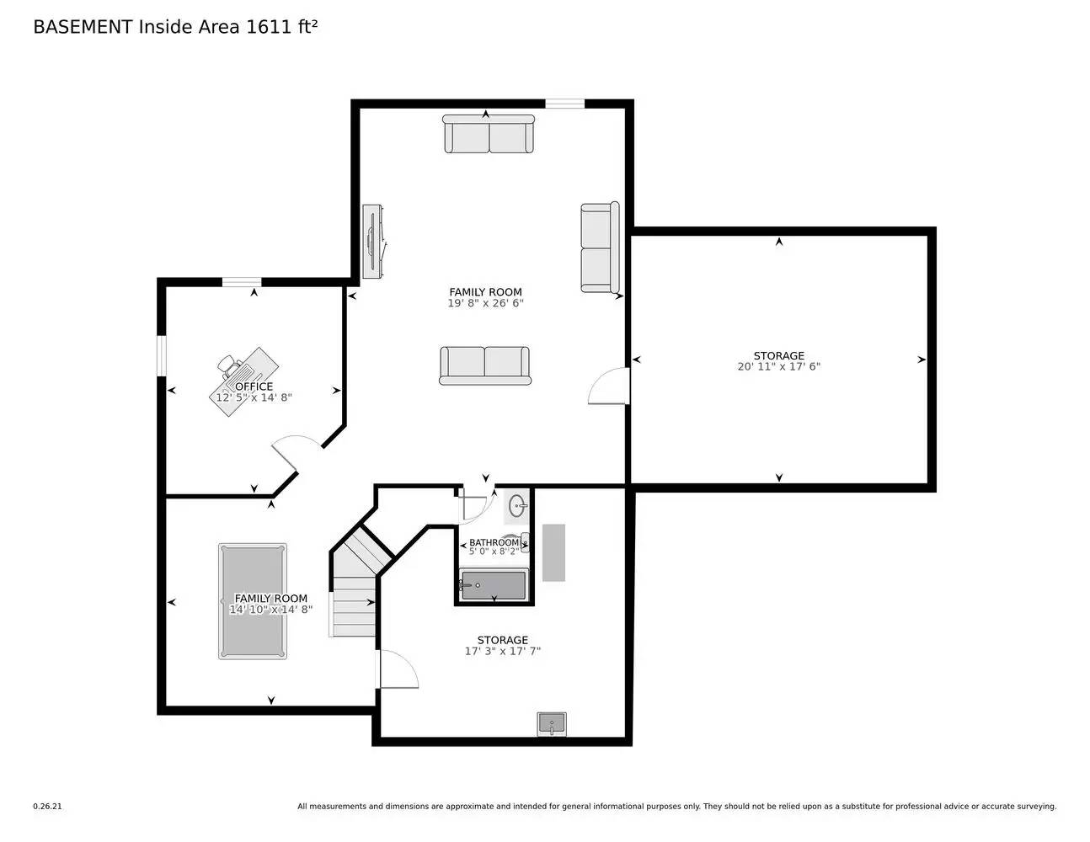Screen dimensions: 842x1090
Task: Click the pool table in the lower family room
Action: coord(252,600)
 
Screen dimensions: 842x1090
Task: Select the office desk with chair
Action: coord(243,381)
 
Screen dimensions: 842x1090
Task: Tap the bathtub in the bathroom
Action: coord(494,585)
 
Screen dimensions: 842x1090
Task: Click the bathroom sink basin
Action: coord(517,506)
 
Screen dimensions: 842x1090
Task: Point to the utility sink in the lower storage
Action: coord(552,723)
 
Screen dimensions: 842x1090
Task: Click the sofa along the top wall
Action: coord(489,134)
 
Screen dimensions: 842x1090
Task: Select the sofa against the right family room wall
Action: coord(600,248)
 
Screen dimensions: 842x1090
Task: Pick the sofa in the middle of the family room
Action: coord(484,365)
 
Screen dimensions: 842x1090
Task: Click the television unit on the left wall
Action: coord(372,242)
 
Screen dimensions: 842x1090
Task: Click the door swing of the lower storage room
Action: coord(398,669)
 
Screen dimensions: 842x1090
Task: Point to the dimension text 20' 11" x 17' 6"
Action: coord(778,367)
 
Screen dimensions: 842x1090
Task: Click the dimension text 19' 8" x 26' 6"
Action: coord(485,303)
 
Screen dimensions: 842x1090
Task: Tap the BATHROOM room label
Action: coord(494,542)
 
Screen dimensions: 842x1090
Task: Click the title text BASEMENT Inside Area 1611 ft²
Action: coord(175,27)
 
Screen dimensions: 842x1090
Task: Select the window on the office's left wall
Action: coord(161,356)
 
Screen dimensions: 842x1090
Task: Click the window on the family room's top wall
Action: coord(564,104)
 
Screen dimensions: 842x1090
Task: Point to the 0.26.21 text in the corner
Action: coord(47,807)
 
